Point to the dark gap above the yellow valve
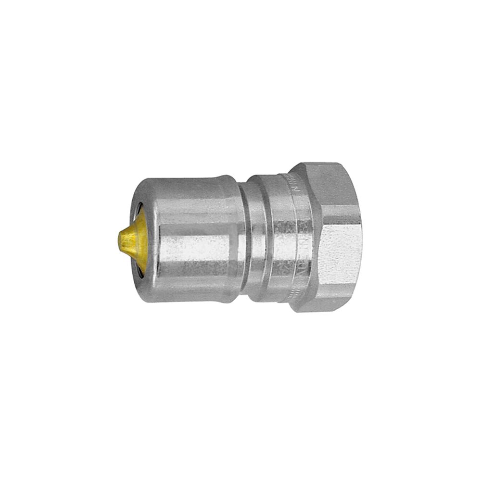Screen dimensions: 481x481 pos(138,210)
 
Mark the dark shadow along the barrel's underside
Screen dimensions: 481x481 pos(192,293)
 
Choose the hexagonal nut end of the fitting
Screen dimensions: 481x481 pos(332,238)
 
